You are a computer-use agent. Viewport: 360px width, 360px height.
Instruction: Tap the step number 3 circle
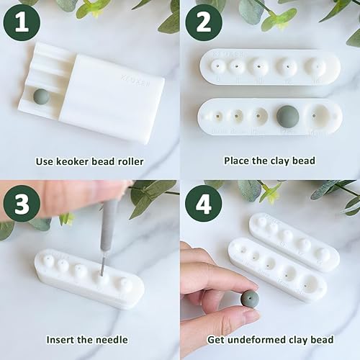click(22, 204)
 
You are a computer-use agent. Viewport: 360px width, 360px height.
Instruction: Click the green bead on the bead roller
click(42, 96)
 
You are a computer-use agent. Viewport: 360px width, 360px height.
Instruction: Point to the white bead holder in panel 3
click(86, 281)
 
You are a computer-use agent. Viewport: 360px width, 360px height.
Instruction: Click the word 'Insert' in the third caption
click(62, 340)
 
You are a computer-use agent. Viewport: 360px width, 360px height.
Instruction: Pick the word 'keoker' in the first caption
click(76, 161)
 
